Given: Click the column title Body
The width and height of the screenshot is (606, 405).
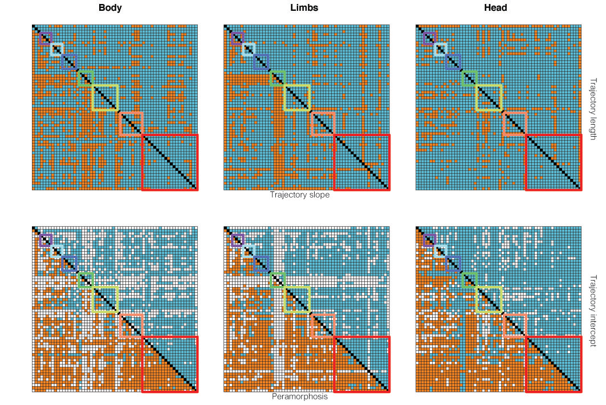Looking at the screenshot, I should click(x=110, y=8).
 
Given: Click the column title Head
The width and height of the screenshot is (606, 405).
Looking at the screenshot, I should click(x=495, y=8).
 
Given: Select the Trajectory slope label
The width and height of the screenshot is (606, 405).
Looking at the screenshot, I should click(x=300, y=195).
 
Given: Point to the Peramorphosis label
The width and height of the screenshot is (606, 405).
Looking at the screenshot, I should click(x=300, y=396).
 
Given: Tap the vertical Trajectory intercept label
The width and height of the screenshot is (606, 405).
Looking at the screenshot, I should click(x=593, y=311).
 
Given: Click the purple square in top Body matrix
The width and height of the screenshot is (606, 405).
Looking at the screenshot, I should click(x=46, y=38).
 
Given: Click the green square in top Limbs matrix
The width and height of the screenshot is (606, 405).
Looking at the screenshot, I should click(x=277, y=78).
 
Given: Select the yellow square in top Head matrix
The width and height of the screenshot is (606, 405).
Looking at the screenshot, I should click(x=490, y=97).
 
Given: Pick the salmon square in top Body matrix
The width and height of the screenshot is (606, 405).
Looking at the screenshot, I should click(x=131, y=124).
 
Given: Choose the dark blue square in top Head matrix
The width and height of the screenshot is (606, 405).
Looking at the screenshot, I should click(x=453, y=62).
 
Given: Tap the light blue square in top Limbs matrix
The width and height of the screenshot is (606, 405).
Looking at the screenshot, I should click(x=248, y=50).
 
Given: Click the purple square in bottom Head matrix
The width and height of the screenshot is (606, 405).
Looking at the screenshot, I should click(x=430, y=240).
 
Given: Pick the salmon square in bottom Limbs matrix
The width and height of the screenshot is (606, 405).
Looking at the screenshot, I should click(x=323, y=325).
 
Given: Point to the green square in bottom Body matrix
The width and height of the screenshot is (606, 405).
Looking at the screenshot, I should click(x=86, y=280).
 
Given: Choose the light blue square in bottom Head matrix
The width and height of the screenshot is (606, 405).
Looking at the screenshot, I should click(x=440, y=251).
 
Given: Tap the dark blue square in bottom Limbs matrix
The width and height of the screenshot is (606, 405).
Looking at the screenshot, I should click(x=261, y=263).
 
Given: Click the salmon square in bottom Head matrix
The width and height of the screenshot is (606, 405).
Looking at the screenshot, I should click(x=515, y=325).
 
